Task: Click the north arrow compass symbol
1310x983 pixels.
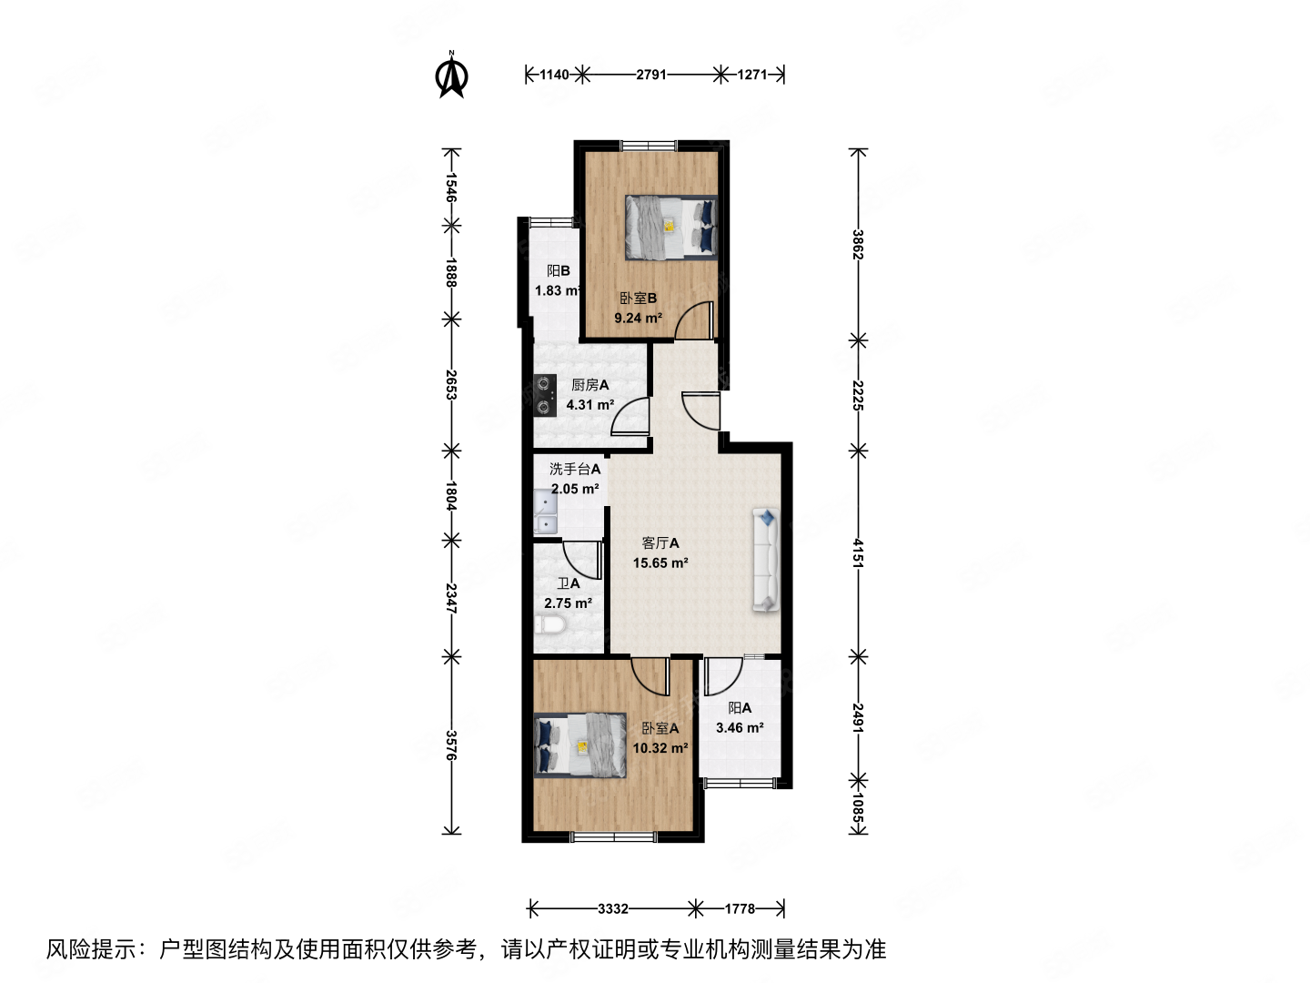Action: (451, 76)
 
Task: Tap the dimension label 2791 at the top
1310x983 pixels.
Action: (651, 75)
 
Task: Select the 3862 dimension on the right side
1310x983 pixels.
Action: (857, 244)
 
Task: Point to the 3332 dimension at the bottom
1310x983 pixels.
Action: (613, 908)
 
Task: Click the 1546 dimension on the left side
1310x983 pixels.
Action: (450, 187)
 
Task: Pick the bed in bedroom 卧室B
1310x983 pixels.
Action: (670, 228)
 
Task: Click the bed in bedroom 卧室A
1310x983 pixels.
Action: (580, 745)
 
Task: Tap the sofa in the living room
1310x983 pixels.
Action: (767, 560)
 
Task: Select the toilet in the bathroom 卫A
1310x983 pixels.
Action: (551, 624)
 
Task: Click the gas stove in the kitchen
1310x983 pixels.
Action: (545, 395)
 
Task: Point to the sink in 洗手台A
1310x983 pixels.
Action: (545, 512)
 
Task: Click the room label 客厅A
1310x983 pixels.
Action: (660, 543)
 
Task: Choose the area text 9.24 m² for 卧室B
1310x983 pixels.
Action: (638, 319)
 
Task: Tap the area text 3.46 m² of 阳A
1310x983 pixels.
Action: (740, 728)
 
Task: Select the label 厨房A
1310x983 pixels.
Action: (589, 385)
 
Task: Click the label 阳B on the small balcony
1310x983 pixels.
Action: (559, 271)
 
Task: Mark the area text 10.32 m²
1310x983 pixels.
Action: (660, 748)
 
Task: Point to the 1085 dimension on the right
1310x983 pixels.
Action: (857, 807)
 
